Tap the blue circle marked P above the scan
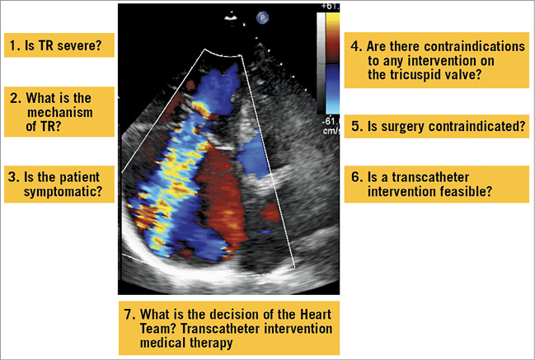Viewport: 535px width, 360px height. click(x=263, y=16)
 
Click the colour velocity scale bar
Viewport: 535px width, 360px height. click(x=323, y=66)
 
